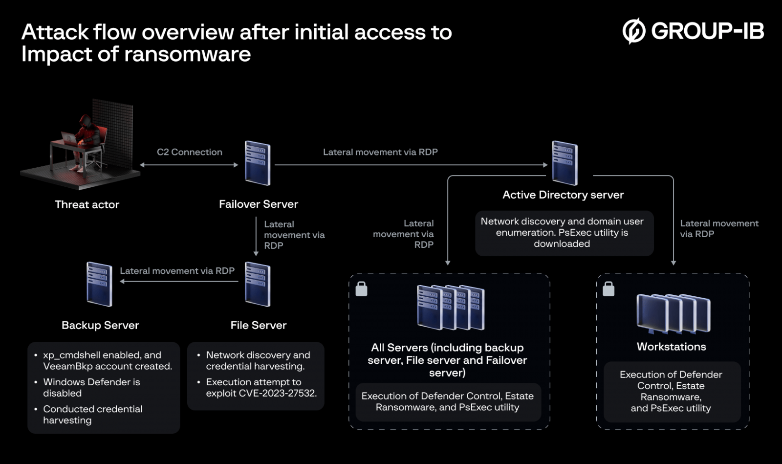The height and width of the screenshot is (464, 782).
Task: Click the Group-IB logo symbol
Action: [x=634, y=31]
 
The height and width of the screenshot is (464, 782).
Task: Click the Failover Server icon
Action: [x=258, y=163]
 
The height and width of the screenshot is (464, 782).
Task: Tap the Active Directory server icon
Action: [x=565, y=163]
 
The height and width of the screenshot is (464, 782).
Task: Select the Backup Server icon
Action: [x=99, y=284]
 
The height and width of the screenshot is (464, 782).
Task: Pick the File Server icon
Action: [x=258, y=284]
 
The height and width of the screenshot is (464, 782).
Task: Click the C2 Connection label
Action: [x=190, y=152]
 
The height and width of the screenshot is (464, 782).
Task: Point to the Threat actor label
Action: [x=87, y=204]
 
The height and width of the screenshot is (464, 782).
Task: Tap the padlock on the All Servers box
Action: [x=362, y=289]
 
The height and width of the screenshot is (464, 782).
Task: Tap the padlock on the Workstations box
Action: [x=608, y=289]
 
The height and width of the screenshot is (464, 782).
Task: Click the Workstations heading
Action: [x=671, y=347]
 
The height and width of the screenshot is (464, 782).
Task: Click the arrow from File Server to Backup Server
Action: [x=179, y=281]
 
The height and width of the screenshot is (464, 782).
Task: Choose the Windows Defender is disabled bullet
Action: [x=91, y=387]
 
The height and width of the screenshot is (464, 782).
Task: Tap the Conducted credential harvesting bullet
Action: [x=92, y=414]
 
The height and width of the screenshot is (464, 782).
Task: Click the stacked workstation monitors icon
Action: [x=673, y=313]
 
